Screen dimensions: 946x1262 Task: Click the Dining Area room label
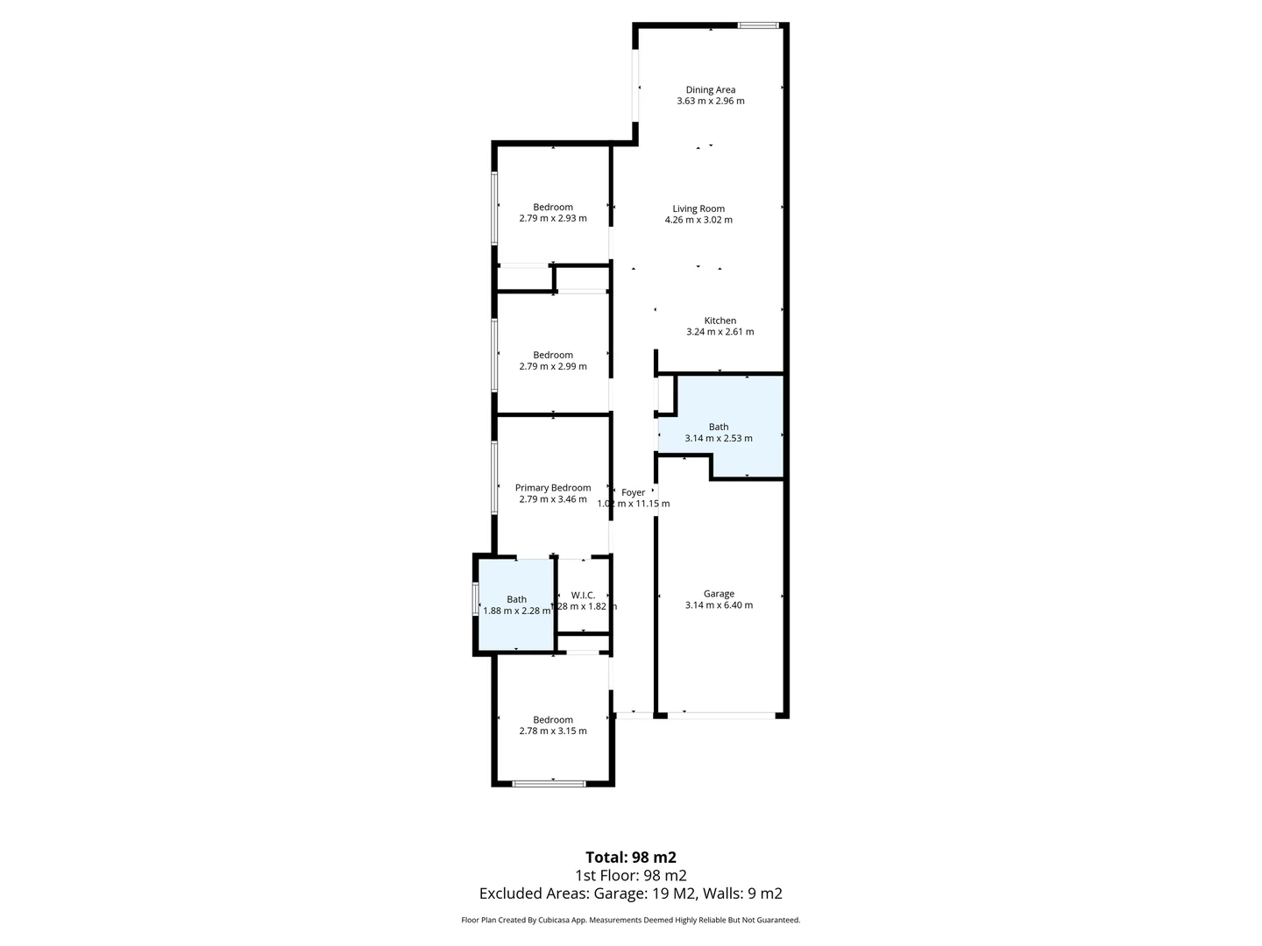click(710, 89)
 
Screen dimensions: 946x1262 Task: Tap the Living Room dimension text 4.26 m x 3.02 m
click(698, 220)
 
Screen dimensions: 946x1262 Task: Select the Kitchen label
click(720, 321)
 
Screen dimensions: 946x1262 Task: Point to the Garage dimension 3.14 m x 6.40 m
click(719, 605)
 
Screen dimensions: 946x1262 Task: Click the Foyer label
click(633, 492)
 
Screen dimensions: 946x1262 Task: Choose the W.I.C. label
click(583, 595)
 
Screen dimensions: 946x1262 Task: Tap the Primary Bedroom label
click(552, 488)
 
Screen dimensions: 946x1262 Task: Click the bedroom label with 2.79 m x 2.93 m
click(552, 208)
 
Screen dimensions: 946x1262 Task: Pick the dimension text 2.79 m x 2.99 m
click(552, 367)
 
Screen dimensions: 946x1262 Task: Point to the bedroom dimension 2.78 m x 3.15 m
click(552, 731)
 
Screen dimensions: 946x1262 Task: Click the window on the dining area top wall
click(758, 25)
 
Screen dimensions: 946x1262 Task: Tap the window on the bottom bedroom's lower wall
click(549, 783)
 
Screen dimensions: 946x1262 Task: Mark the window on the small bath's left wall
click(476, 600)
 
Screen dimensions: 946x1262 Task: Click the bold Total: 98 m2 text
click(630, 858)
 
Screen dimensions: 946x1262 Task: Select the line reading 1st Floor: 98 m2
click(630, 876)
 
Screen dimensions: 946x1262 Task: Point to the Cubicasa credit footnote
click(630, 921)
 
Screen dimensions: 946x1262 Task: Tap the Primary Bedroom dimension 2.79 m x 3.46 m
click(552, 499)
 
